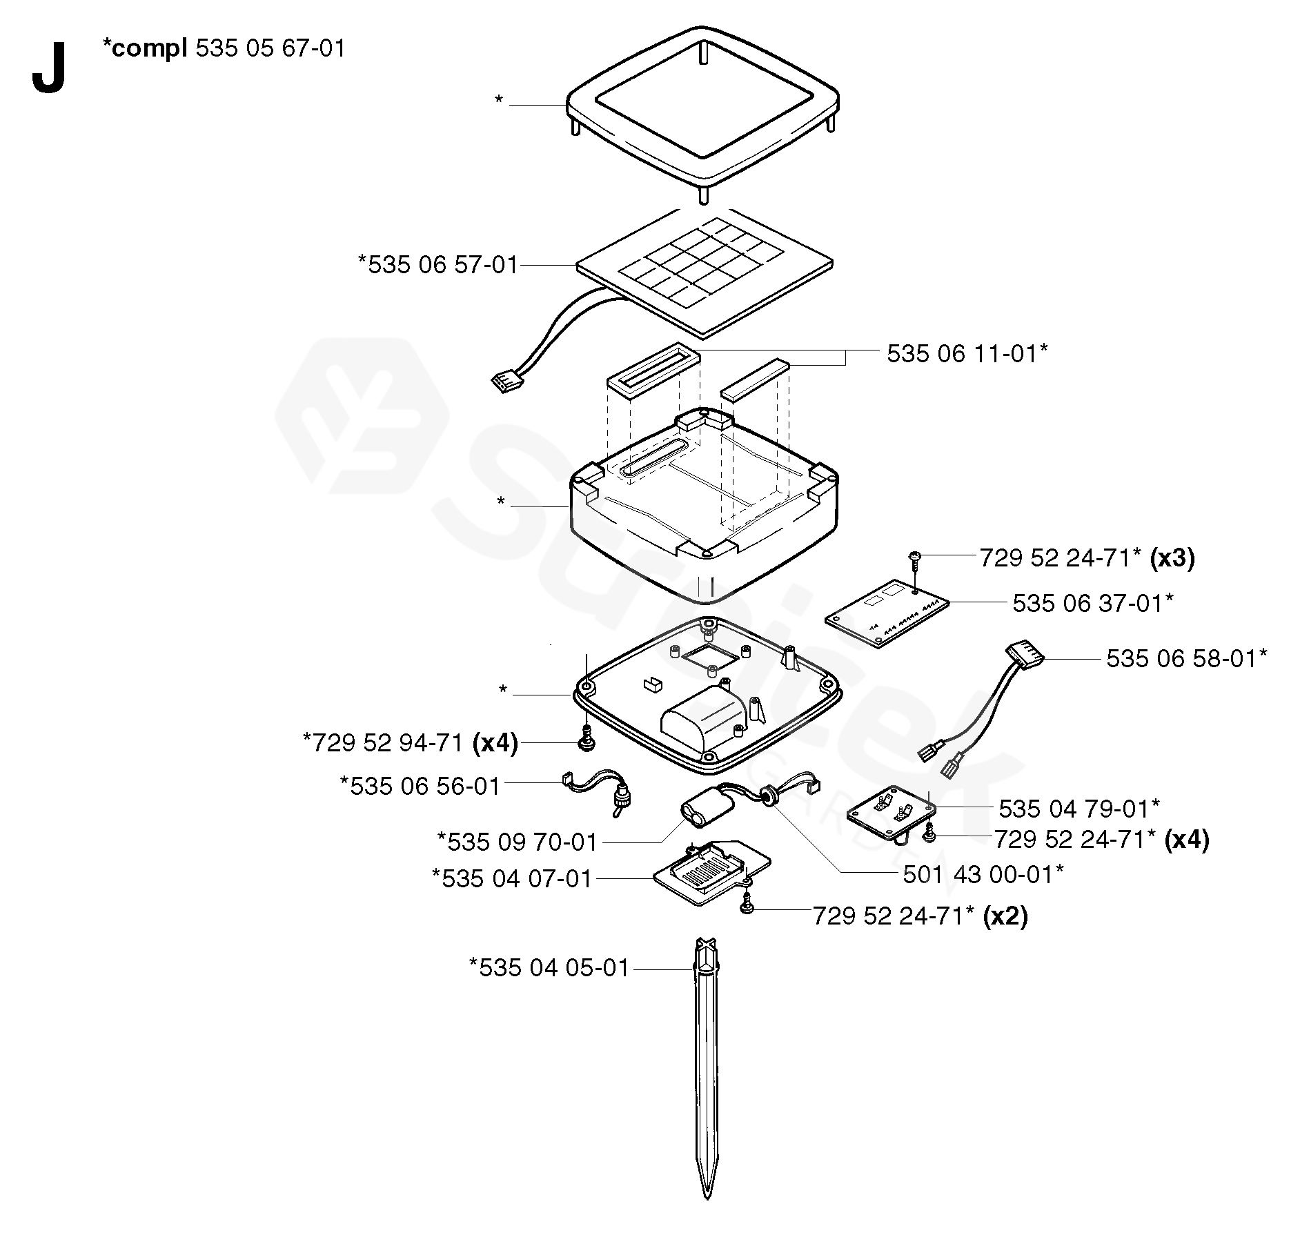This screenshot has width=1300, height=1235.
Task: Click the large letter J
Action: pos(48,68)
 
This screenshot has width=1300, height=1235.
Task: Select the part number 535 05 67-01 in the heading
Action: pos(270,49)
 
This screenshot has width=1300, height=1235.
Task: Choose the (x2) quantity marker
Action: pos(1005,916)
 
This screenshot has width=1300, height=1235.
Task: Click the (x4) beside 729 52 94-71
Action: pos(495,742)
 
